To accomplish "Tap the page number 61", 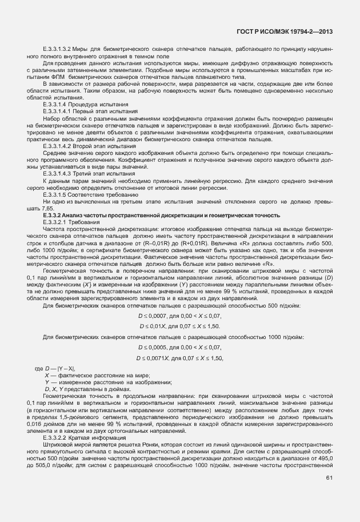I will (x=329, y=493).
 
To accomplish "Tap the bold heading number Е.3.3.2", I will (x=54, y=215).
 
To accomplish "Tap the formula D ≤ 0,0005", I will (x=154, y=347).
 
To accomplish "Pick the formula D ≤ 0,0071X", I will (x=152, y=358).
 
